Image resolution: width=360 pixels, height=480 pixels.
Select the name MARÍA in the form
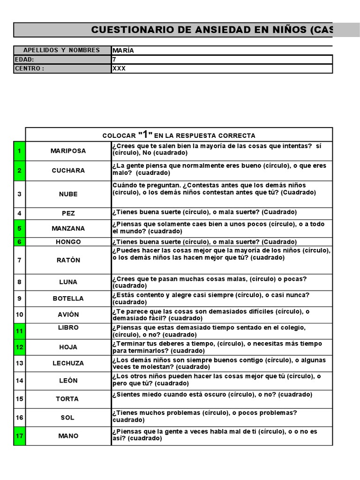123,51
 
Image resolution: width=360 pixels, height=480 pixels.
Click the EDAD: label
24,60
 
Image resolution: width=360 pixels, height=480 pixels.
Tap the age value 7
114,60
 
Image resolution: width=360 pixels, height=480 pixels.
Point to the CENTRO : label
30,68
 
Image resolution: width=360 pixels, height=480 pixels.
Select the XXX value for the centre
119,68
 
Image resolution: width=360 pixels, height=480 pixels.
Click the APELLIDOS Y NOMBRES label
61,51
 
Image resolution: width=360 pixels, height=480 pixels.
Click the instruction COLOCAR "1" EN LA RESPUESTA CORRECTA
179,135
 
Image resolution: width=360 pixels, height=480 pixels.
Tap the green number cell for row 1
19,151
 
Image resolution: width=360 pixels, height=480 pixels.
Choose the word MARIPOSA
68,151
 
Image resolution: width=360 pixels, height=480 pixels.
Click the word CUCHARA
68,171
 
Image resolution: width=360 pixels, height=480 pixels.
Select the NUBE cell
68,194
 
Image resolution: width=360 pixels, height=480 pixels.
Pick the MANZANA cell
68,228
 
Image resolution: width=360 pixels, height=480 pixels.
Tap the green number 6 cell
19,242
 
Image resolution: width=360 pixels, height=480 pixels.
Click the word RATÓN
68,260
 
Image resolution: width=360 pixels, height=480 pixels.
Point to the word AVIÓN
68,315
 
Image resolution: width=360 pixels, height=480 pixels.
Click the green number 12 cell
19,347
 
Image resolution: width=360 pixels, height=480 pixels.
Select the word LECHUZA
68,363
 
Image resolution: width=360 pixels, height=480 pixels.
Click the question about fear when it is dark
212,395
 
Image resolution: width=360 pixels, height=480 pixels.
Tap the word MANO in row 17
68,436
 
